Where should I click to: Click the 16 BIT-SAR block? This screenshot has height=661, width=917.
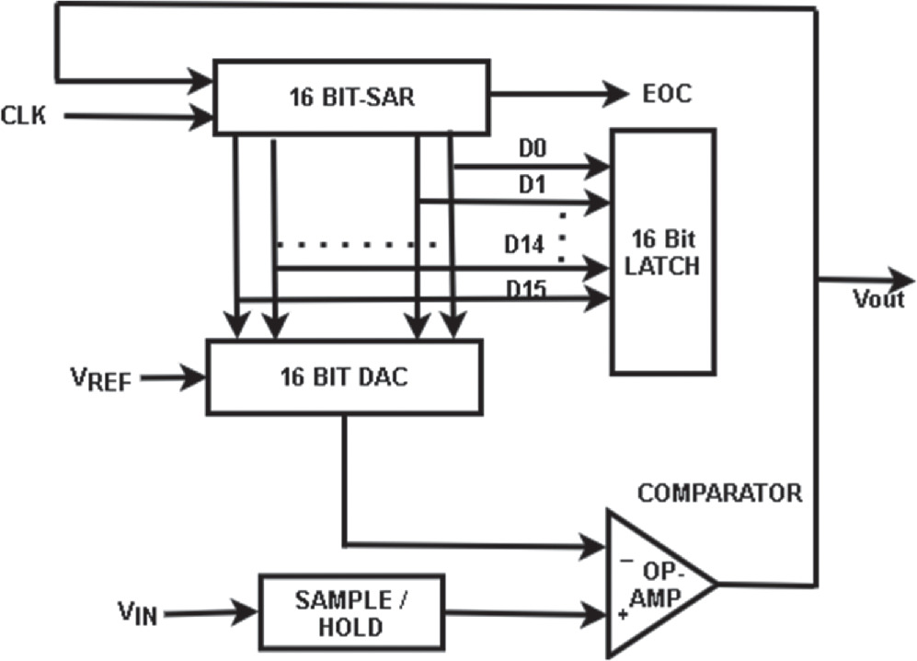pos(350,98)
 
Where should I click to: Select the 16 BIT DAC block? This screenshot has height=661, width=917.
pos(345,377)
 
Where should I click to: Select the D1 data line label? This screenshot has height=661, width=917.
pos(532,185)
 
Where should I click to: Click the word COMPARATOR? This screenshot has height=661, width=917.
pos(719,493)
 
